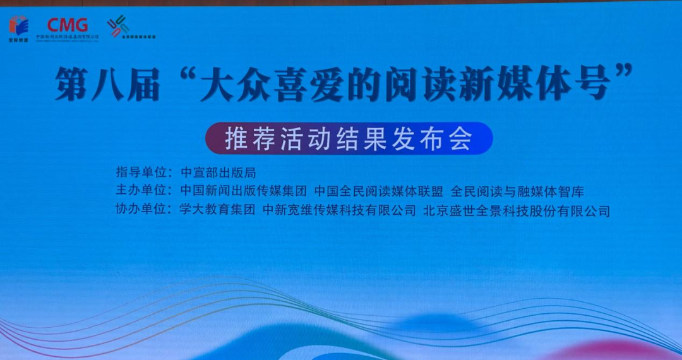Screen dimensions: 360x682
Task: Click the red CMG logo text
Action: pos(68,25)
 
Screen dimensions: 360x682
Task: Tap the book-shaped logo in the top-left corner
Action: pos(19,25)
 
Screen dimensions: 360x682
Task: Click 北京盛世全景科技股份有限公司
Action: pos(517,210)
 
